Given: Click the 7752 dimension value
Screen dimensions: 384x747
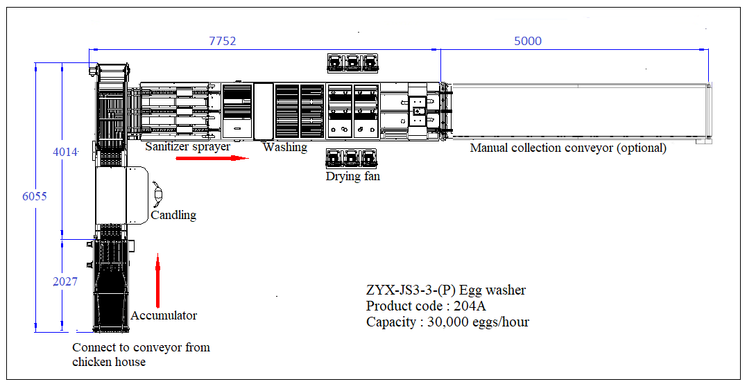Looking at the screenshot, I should point(223,41).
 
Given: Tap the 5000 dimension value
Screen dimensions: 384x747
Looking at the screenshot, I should point(528,41).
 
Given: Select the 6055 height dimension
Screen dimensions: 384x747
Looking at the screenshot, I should point(34,196).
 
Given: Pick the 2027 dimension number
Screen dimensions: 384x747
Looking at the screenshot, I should point(65,281).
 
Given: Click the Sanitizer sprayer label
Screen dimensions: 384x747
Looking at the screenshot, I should point(187,147).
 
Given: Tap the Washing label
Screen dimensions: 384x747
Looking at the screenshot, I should point(284,147).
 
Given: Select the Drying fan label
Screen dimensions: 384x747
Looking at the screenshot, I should point(353,177).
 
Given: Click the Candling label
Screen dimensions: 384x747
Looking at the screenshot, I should point(173,215).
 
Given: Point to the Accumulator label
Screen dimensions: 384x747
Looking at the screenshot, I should point(164,315).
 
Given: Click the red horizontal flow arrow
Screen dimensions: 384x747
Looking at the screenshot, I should point(212,158).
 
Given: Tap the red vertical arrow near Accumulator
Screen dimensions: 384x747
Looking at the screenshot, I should point(157,281).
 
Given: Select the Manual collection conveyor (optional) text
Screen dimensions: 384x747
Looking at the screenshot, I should point(568,148).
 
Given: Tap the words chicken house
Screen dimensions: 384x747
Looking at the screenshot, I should point(109,362).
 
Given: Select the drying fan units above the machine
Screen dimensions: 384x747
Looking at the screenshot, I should point(353,63).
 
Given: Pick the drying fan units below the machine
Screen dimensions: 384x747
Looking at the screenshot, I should point(353,158).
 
